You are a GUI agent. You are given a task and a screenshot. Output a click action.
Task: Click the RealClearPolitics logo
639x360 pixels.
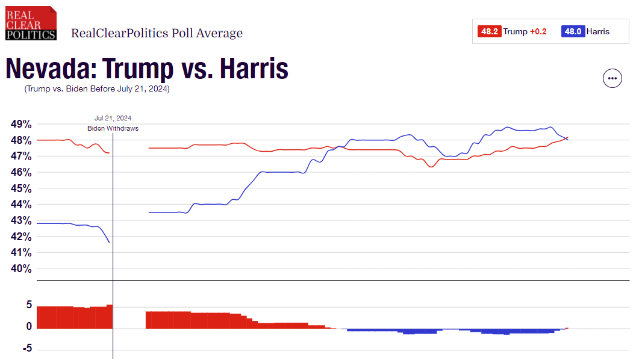[31, 23]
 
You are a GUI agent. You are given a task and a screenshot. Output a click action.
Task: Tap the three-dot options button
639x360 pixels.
[613, 78]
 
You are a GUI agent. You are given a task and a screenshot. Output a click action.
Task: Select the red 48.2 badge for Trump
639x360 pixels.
[489, 31]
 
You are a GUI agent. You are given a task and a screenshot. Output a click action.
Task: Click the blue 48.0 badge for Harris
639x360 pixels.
[572, 31]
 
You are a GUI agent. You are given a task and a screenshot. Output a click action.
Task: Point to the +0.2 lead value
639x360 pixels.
[538, 31]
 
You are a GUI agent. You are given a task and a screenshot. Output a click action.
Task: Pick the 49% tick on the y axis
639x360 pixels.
[21, 124]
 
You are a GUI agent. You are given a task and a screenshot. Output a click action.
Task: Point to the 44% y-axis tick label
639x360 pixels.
[21, 205]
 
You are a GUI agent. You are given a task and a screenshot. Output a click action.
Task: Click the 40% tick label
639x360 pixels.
[21, 268]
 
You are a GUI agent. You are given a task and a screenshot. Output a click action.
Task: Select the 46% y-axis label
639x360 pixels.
[21, 172]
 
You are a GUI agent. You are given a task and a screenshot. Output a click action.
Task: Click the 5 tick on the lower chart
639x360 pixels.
[28, 305]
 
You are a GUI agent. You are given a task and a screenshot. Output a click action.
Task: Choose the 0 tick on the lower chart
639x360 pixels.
[28, 327]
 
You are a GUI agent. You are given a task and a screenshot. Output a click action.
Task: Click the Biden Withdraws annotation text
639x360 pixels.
[113, 129]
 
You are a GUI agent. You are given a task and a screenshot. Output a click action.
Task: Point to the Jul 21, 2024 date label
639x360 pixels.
[113, 118]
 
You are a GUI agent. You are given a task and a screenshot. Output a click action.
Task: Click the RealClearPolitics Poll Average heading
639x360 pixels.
[157, 33]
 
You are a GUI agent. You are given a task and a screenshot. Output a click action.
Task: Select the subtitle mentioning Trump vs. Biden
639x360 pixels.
[97, 89]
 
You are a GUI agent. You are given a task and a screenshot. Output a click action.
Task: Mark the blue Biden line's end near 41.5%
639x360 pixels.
[109, 242]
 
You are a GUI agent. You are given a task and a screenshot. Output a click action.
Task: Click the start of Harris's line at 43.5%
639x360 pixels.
[149, 213]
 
